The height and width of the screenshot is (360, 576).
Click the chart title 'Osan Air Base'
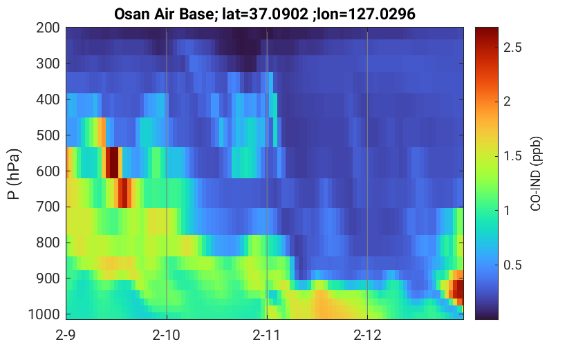click(163, 15)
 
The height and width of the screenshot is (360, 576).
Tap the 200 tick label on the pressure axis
click(48, 28)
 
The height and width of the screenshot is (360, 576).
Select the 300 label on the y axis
click(48, 64)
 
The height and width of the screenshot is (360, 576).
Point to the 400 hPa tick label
click(48, 100)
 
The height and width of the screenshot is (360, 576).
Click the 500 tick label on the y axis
click(48, 135)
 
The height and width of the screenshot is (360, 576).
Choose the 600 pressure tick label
click(48, 171)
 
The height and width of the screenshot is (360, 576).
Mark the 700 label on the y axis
click(48, 207)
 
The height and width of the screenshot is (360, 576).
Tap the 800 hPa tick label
click(48, 243)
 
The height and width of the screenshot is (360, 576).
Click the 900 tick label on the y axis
click(48, 279)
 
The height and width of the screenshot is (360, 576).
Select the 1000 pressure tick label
click(44, 314)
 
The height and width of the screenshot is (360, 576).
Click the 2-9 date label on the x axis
click(66, 335)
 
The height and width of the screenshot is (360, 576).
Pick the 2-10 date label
click(167, 335)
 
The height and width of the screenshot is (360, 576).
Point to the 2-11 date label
click(267, 335)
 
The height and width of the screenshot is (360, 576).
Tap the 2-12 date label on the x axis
click(367, 335)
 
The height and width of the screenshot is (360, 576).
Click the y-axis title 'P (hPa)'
click(14, 174)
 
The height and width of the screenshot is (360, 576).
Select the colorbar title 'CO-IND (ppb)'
click(536, 174)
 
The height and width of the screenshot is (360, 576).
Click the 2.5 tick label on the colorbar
click(512, 48)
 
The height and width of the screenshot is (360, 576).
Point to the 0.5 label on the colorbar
click(512, 265)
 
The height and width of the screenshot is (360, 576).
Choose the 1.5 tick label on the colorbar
click(512, 156)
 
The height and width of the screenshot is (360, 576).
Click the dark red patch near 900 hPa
click(458, 289)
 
